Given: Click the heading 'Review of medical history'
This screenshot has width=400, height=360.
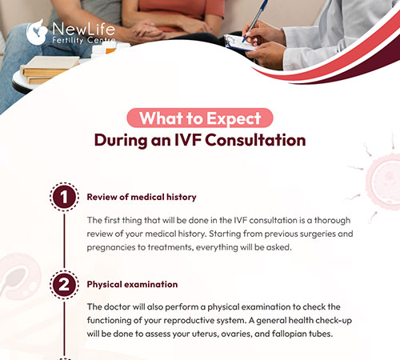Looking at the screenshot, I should (x=141, y=197).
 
